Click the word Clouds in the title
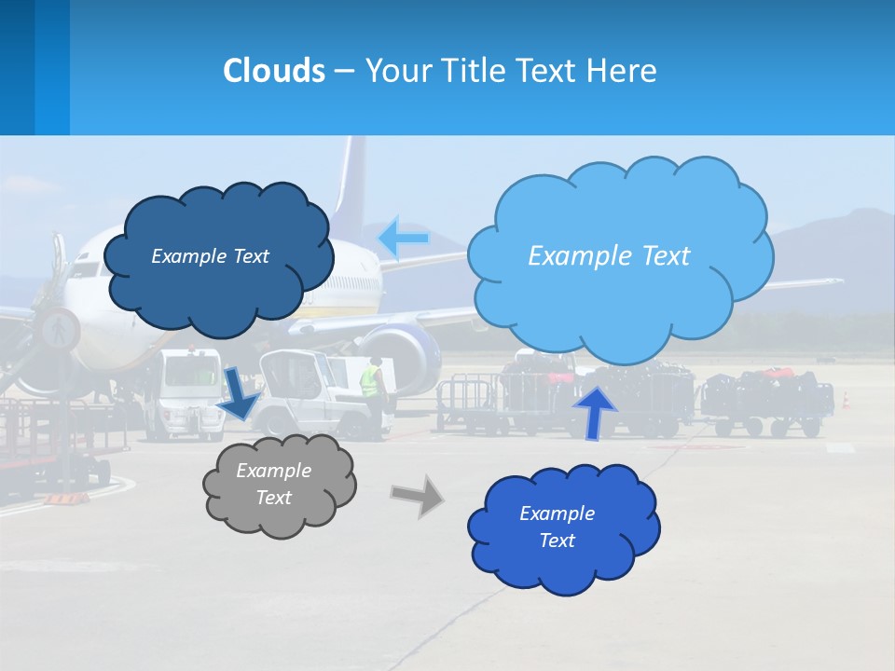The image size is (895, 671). coord(273,71)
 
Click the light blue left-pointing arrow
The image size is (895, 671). coord(403,239)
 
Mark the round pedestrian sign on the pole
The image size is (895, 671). coord(59,329)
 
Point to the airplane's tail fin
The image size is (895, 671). coord(351,186)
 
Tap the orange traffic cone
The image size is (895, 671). coord(846,400)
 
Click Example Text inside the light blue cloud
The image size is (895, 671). coord(609,255)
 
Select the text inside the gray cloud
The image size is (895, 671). coord(273,484)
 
